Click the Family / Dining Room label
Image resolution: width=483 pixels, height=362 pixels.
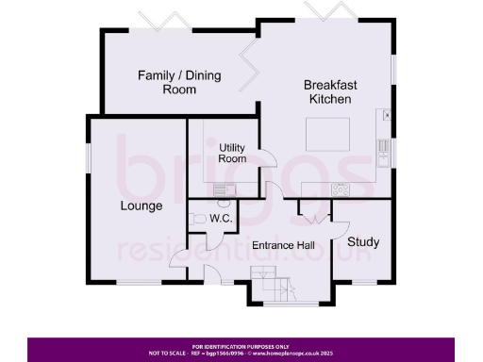tap(167, 82)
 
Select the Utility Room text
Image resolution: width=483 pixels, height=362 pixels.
tap(232, 154)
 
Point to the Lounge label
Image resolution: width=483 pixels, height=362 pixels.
tap(141, 206)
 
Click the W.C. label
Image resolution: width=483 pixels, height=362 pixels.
tap(221, 219)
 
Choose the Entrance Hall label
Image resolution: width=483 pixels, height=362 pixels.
tap(283, 246)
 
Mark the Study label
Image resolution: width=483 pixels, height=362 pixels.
tap(363, 242)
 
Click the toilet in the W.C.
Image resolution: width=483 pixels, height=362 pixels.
tap(196, 219)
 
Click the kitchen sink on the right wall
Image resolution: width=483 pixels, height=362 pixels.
tap(382, 146)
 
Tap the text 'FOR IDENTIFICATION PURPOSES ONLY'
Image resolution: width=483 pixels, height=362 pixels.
tap(241, 346)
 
